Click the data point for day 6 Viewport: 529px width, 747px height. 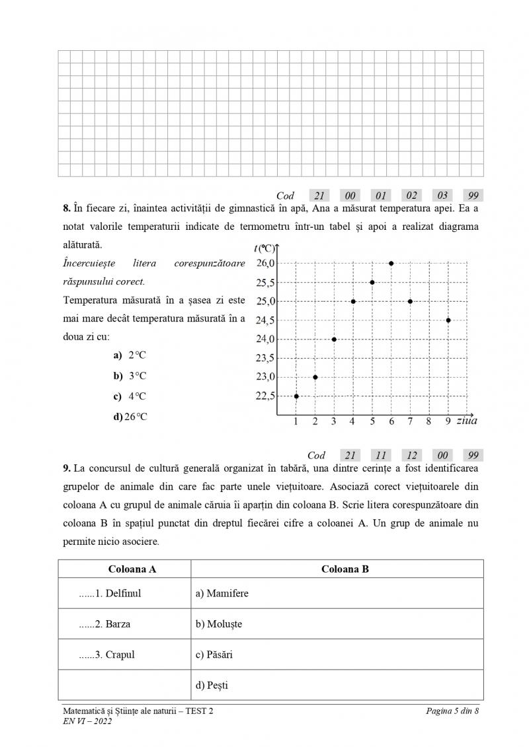(x=391, y=263)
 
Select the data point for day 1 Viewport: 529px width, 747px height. (x=296, y=396)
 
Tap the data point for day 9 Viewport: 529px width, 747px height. (x=448, y=320)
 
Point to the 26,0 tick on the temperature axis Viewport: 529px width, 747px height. (x=266, y=263)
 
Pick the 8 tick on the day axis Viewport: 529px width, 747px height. (x=428, y=421)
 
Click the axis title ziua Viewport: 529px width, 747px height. (x=467, y=420)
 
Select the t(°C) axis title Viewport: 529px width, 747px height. (x=264, y=248)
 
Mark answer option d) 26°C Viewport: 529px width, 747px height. (x=130, y=417)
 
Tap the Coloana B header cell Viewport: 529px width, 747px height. (x=345, y=569)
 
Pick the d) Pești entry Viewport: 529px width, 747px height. (x=212, y=685)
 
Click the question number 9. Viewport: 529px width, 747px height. (x=67, y=468)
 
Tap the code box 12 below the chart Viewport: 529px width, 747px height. (x=411, y=455)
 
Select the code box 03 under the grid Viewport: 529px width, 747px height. (x=442, y=195)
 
